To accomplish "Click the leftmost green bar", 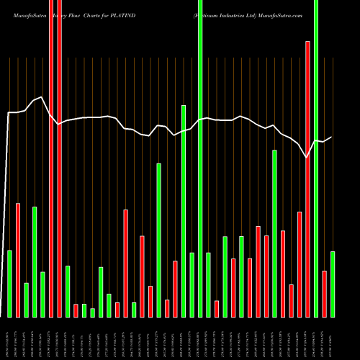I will [x=9, y=284].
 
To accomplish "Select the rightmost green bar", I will [x=332, y=284].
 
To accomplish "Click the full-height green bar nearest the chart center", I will [x=200, y=158].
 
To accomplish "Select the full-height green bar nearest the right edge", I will [x=315, y=158].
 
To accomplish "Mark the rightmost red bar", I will [x=324, y=294].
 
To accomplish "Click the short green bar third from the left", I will [x=26, y=300].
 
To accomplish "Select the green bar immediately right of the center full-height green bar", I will [x=208, y=284].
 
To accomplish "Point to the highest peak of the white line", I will [x=42, y=96].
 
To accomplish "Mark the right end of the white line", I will [x=332, y=137].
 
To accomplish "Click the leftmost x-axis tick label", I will [x=9, y=337].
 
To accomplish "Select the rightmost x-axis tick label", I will [x=332, y=337].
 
